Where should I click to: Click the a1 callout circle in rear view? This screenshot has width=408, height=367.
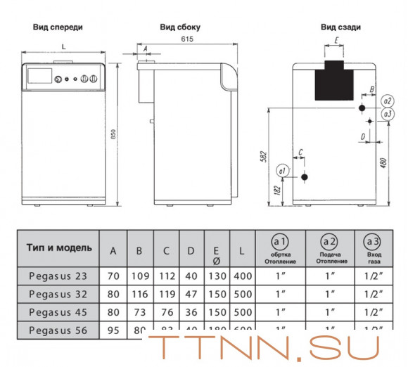[x=281, y=171]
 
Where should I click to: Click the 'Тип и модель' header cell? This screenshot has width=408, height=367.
[x=59, y=248]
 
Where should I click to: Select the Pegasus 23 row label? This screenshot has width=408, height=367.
[x=58, y=276]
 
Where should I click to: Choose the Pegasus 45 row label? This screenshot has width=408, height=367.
[x=58, y=311]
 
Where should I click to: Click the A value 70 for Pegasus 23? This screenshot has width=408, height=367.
[x=113, y=276]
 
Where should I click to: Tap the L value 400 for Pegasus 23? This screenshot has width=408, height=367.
[x=242, y=276]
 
